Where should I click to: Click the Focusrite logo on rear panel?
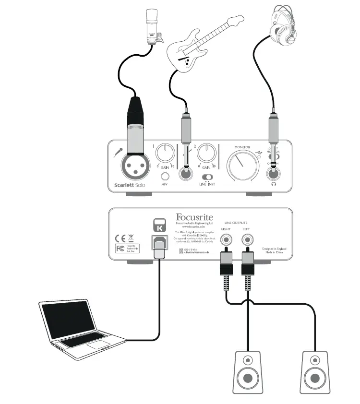point(194,218)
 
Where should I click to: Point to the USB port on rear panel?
point(159,243)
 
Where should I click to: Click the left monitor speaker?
point(247,371)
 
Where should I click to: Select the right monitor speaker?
point(315,371)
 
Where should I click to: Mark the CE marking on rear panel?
point(120,238)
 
